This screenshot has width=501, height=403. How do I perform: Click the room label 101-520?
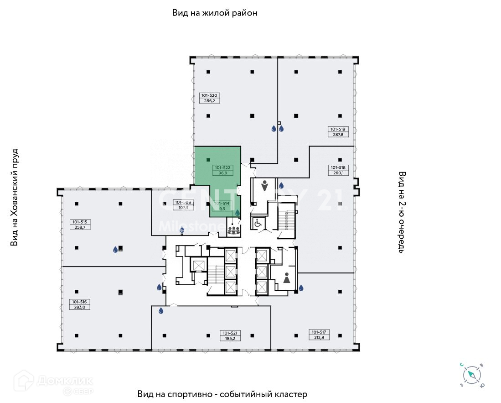tap(209, 95)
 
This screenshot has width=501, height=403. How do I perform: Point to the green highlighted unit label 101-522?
tap(223, 167)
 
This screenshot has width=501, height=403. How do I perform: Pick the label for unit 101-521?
tap(230, 333)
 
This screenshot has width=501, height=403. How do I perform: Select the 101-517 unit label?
tap(320, 332)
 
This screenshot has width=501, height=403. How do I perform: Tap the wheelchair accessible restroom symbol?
tap(257, 223)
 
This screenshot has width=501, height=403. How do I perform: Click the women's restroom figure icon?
tap(287, 278)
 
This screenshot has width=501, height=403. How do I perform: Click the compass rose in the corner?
tap(472, 376)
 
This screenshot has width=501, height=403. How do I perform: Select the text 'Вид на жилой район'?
tap(215, 13)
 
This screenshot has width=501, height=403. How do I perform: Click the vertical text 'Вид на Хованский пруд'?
tap(15, 197)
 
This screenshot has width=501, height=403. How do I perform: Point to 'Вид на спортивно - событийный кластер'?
tap(222, 394)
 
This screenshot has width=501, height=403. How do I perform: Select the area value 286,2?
tap(209, 100)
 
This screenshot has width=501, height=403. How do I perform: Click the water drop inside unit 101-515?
tap(115, 250)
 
